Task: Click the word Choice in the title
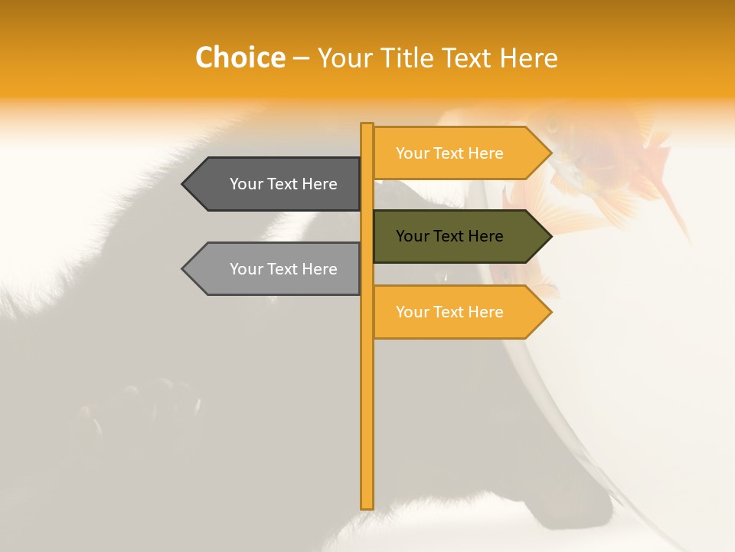[x=240, y=58]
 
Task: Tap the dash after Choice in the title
[x=301, y=58]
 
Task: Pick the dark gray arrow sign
[x=276, y=184]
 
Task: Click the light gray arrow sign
[x=276, y=269]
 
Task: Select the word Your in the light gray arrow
[x=246, y=269]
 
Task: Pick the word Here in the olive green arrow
[x=483, y=236]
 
